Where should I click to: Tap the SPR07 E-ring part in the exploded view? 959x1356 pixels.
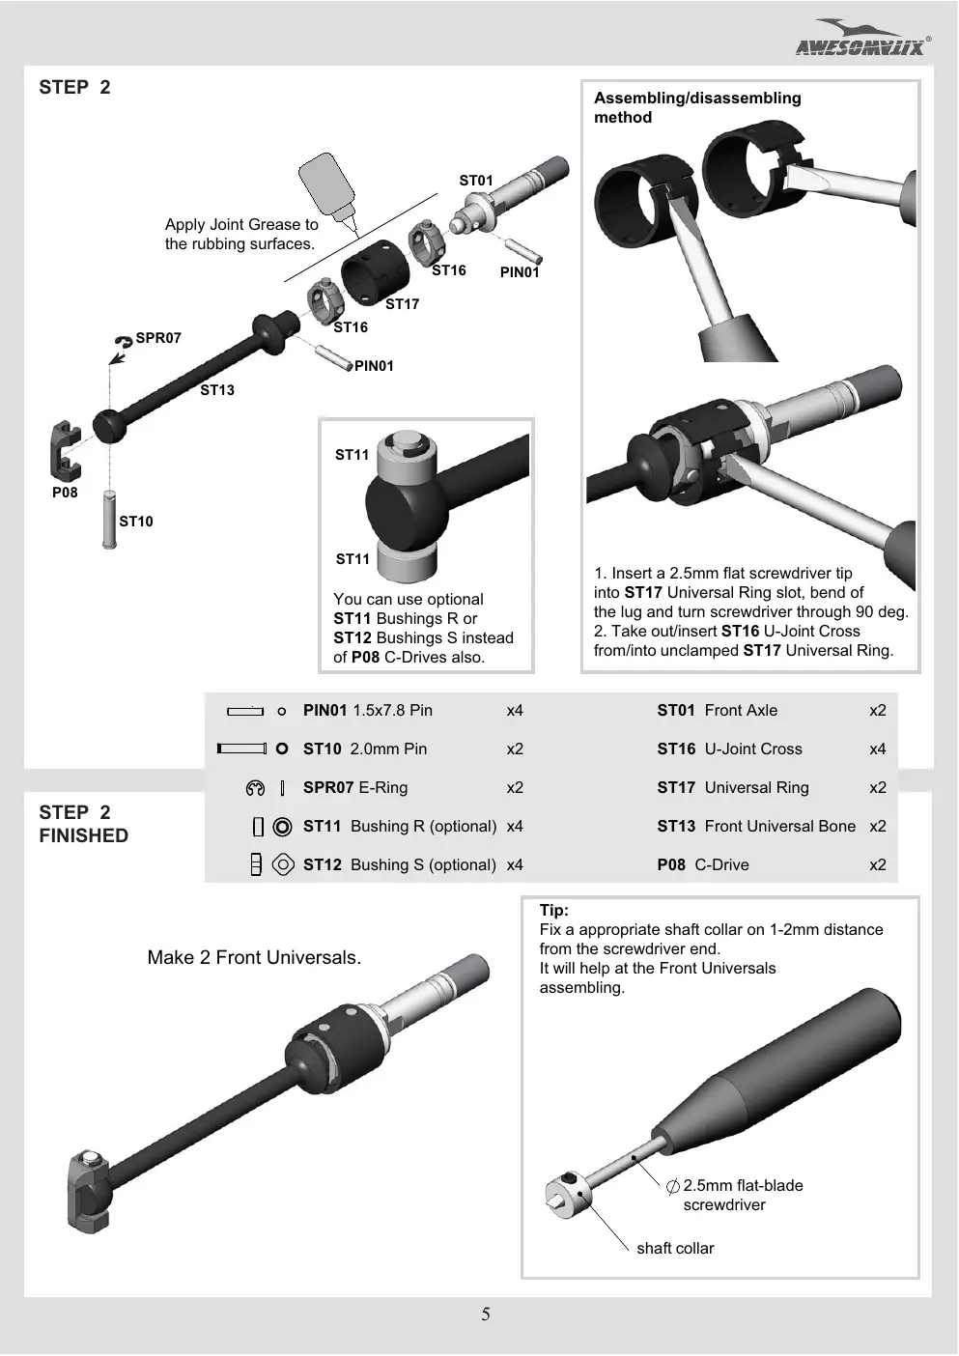coord(124,342)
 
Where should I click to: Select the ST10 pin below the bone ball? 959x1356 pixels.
coord(109,519)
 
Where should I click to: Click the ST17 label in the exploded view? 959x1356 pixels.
coord(402,304)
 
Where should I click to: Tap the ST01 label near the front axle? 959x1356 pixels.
coord(476,181)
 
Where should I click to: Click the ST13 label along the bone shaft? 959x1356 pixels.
coord(217,390)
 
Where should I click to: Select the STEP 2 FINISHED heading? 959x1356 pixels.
coord(84,823)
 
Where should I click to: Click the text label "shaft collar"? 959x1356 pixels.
coord(675,1248)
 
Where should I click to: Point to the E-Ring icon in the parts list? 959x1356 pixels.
coord(255,788)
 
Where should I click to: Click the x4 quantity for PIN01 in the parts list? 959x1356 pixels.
coord(515,710)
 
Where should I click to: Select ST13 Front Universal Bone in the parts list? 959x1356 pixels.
coord(756,827)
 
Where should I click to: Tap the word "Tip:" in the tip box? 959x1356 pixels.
coord(554,910)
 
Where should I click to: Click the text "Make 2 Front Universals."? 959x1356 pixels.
coord(254,957)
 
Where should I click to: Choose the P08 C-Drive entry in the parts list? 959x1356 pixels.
coord(703,864)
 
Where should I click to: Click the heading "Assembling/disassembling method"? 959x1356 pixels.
coord(697,107)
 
